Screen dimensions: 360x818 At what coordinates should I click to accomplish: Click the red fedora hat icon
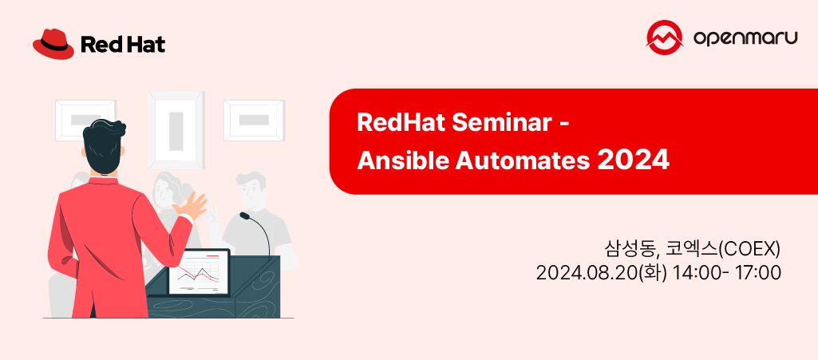53,43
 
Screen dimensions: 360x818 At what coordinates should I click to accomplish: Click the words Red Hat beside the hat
123,45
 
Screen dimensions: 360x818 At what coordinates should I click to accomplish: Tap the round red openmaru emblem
664,38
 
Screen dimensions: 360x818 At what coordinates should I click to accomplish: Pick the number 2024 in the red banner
633,160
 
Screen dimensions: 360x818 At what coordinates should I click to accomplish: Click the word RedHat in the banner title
401,124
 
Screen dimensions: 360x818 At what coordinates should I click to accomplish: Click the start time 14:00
694,273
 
